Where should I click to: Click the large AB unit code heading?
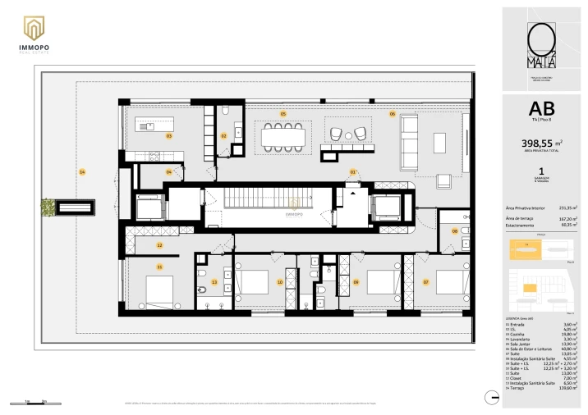pos(541,108)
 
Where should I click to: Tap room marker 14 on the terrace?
pos(82,171)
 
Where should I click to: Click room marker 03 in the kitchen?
pos(168,136)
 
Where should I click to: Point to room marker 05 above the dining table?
pos(283,113)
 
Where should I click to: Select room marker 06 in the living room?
pos(392,114)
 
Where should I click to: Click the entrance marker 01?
pos(353,172)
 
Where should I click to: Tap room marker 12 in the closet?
pos(160,245)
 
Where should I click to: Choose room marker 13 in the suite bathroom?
pos(214,282)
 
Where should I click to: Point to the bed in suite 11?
pos(159,290)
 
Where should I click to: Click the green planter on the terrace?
pos(48,207)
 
